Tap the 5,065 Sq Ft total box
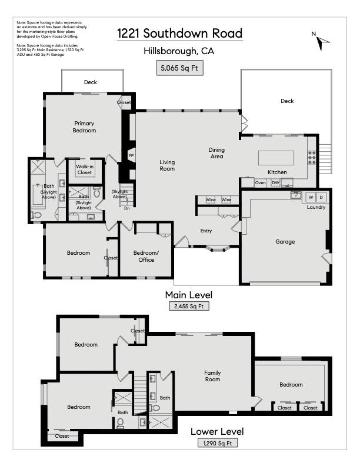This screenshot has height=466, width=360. click(x=179, y=68)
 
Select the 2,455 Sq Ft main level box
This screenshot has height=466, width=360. click(x=189, y=306)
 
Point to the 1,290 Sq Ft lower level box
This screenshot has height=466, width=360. click(x=218, y=443)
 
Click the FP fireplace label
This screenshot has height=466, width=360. click(x=131, y=155)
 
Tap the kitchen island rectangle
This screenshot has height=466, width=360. click(x=276, y=158)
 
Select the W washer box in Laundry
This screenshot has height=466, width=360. click(x=311, y=197)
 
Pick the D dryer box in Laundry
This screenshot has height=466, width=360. click(x=321, y=197)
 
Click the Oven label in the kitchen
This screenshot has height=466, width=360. click(x=260, y=182)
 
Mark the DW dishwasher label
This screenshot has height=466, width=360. click(x=275, y=182)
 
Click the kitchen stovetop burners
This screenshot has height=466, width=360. click(x=312, y=158)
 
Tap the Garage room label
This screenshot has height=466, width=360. click(x=285, y=242)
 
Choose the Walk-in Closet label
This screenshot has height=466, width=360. click(x=85, y=169)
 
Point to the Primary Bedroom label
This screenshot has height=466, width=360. click(x=84, y=127)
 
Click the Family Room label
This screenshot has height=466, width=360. click(x=212, y=376)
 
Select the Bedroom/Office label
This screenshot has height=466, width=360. click(x=146, y=256)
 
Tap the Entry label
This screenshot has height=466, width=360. click(x=206, y=231)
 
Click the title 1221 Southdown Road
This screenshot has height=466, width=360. click(x=179, y=34)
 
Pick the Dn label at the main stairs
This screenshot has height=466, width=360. click(x=127, y=208)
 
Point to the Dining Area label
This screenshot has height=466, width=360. click(x=216, y=153)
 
